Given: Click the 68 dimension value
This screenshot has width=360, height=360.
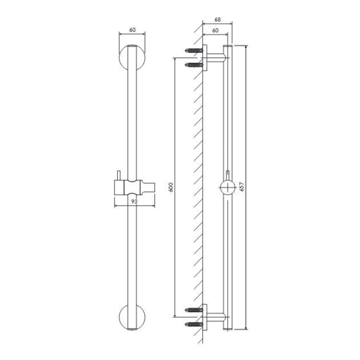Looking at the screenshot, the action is [x=218, y=20].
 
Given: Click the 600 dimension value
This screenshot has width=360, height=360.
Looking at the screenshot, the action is [x=171, y=187].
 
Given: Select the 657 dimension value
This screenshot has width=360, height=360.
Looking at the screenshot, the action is [x=242, y=187].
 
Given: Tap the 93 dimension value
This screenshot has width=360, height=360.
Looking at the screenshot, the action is [x=134, y=202].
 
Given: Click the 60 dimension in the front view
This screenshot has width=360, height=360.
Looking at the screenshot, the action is [x=133, y=30].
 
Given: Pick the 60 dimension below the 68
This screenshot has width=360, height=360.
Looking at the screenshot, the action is [x=215, y=30].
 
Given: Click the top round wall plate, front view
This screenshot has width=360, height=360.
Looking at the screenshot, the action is [x=132, y=58].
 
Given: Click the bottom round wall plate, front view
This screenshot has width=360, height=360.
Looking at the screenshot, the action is [x=132, y=317].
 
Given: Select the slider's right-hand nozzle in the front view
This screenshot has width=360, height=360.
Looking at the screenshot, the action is [x=148, y=187].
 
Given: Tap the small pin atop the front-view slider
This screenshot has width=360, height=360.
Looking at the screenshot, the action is [x=118, y=175].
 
